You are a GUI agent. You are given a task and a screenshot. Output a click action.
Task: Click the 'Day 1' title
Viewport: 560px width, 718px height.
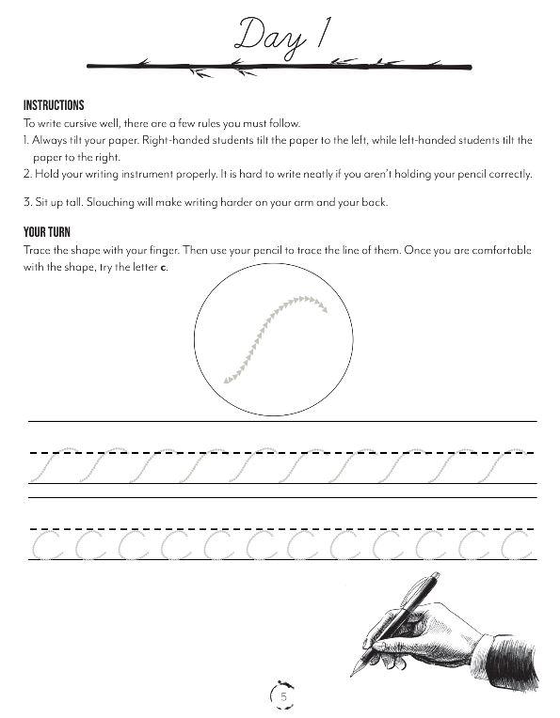coord(279,36)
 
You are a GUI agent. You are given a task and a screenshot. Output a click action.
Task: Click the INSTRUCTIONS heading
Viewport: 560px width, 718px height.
coord(54,105)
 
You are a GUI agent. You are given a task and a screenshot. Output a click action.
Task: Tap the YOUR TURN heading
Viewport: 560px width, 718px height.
coord(46,232)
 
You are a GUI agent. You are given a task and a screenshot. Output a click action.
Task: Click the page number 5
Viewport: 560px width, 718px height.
coord(283,696)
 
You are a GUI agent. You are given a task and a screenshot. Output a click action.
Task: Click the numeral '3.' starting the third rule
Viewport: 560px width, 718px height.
coord(28,203)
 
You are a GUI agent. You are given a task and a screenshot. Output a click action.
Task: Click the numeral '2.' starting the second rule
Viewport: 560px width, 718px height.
coord(28,174)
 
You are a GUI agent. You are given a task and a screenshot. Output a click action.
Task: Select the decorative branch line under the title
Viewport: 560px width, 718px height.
coord(279,65)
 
